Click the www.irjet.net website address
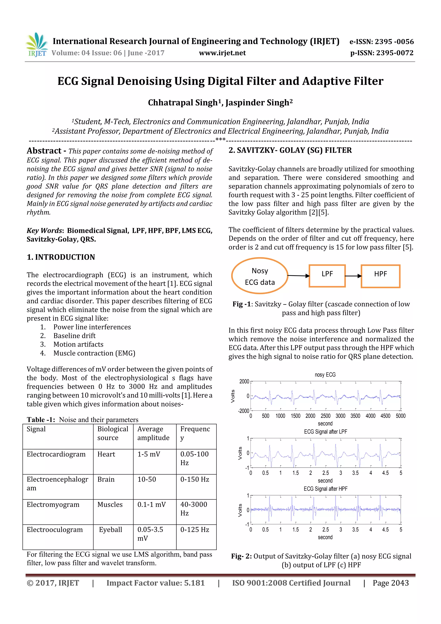pyautogui.click(x=222, y=53)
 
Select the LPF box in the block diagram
pyautogui.click(x=327, y=275)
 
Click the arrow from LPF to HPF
pyautogui.click(x=353, y=276)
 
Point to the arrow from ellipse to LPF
pyautogui.click(x=298, y=275)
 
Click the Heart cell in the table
pyautogui.click(x=106, y=454)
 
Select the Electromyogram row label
pyautogui.click(x=53, y=504)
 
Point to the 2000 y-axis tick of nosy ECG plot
pyautogui.click(x=244, y=382)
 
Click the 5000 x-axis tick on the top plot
pyautogui.click(x=401, y=416)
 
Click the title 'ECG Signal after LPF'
pyautogui.click(x=325, y=432)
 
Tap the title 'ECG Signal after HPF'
pyautogui.click(x=325, y=489)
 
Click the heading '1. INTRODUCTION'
pyautogui.click(x=61, y=257)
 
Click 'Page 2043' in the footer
pyautogui.click(x=390, y=583)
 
